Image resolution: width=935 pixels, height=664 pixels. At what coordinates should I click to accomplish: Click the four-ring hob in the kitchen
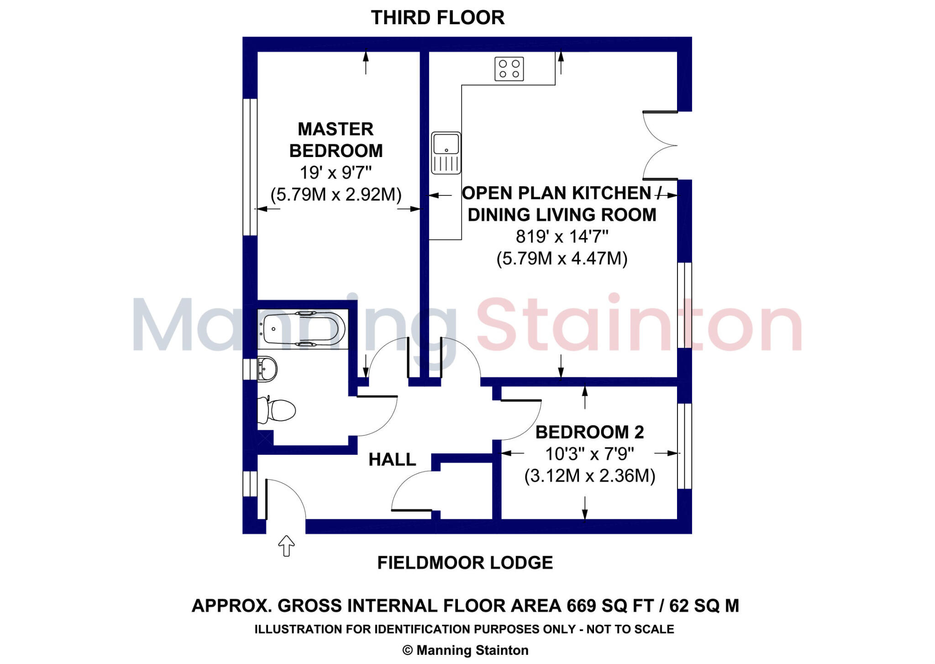pos(509,69)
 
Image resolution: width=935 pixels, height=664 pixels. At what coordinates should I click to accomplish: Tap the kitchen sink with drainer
pos(446,153)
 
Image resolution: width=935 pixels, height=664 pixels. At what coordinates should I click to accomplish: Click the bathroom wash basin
pos(267,369)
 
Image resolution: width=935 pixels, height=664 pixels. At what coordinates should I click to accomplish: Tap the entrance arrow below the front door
pos(286,545)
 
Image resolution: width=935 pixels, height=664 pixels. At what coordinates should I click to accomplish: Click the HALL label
pos(392,459)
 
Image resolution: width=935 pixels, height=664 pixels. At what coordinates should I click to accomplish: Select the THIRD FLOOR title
pos(437,18)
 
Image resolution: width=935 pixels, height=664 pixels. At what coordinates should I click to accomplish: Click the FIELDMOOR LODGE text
pos(465,563)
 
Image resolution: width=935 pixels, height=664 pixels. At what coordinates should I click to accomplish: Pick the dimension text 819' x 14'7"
pos(562,237)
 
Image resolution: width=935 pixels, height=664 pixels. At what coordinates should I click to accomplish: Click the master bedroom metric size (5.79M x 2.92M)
pos(336,195)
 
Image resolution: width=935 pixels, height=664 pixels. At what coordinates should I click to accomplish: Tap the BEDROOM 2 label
pos(589,432)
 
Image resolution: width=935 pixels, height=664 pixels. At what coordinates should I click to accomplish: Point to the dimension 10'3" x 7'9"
pos(589,454)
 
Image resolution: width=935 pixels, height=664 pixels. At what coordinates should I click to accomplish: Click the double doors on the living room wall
pos(661,145)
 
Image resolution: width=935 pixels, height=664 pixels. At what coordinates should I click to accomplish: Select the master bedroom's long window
pos(250,167)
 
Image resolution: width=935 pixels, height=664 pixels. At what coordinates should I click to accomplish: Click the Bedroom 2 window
pos(684,446)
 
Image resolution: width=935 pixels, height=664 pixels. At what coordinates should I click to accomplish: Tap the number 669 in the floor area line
pos(581,606)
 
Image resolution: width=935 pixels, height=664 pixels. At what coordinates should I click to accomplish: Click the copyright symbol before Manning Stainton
pos(407,650)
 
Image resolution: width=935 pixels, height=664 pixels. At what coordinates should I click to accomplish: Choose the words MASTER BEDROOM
pos(336,140)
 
